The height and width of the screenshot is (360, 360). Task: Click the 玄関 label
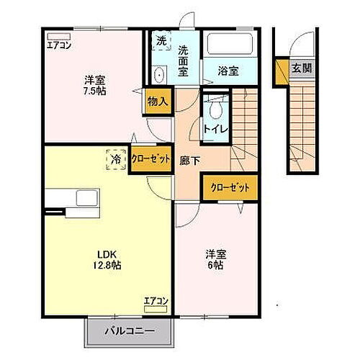pyautogui.click(x=301, y=69)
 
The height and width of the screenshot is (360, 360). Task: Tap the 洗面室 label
pyautogui.click(x=184, y=60)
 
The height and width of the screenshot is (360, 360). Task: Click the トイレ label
pyautogui.click(x=215, y=129)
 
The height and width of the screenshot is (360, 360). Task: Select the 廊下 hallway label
pyautogui.click(x=188, y=161)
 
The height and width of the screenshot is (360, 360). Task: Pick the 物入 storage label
pyautogui.click(x=157, y=102)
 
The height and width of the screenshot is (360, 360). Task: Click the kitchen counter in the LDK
pyautogui.click(x=67, y=197)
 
